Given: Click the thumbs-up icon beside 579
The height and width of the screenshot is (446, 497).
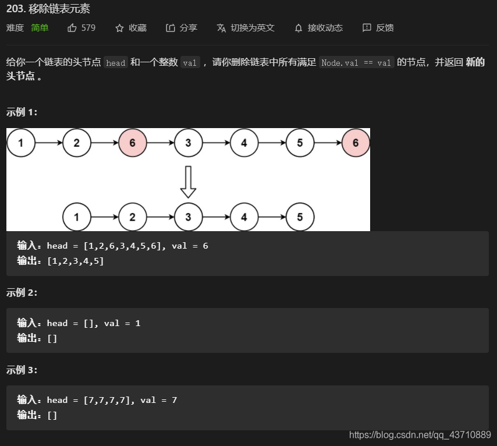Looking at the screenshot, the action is pos(72,28).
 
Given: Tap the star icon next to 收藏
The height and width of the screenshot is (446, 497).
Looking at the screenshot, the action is pos(119,28).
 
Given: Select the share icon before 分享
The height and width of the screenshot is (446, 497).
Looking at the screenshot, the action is pos(170,28).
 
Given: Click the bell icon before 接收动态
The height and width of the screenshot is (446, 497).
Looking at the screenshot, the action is pos(299,28).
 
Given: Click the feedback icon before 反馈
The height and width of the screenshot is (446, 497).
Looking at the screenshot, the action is pos(367,28).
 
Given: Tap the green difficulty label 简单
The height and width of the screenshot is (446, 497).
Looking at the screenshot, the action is pos(40,28).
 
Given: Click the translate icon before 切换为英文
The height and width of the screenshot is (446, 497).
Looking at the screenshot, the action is pos(221,28).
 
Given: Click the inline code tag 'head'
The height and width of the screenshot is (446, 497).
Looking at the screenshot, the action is pos(116,62).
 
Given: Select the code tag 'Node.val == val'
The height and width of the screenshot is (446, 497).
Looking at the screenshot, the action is pos(356,62).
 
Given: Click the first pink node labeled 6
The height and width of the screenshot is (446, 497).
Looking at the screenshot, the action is pos(133,143).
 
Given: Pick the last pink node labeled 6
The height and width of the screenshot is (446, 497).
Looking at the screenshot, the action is pos(356,143).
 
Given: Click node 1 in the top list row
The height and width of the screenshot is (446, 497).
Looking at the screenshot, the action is pos(21,143).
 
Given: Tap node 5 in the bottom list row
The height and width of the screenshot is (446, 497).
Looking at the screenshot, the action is pos(300,217).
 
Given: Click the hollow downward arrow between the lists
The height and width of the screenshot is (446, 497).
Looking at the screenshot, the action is pos(189,182).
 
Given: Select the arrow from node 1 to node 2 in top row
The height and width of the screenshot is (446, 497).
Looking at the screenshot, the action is pos(49,143).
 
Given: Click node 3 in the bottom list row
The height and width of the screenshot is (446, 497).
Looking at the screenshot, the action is pos(189,217).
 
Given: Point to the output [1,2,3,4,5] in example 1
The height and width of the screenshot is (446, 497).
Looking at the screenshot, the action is pos(76,261).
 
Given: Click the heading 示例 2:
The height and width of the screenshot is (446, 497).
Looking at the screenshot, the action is pos(22,292).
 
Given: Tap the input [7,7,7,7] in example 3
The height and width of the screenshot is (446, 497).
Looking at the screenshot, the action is pos(107,400).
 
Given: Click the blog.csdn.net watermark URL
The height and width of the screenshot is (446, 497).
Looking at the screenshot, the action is pos(420,435).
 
